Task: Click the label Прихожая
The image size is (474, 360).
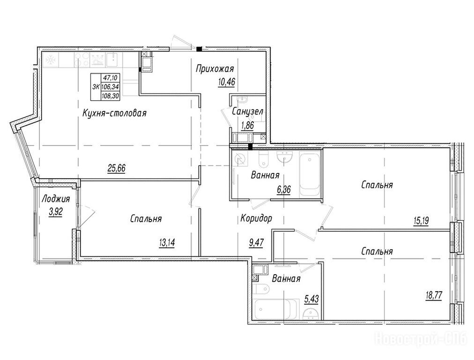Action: (215, 69)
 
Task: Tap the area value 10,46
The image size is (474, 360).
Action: (226, 82)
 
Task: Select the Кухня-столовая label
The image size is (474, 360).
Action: (115, 113)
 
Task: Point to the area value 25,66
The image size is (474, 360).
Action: (116, 168)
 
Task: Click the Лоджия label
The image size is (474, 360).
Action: (56, 199)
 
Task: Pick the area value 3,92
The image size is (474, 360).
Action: (56, 212)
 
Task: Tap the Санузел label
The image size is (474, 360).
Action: (248, 112)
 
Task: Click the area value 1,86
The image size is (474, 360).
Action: (247, 125)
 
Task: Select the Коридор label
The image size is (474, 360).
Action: (256, 218)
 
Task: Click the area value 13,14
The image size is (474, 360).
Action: (167, 242)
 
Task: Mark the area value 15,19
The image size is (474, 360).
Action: (421, 221)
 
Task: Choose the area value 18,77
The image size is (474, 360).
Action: (434, 295)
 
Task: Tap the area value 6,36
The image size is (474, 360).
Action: (283, 190)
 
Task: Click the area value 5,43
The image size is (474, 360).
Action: (311, 300)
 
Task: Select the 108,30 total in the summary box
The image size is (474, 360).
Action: (111, 96)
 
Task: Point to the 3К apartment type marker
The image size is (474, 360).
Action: (96, 87)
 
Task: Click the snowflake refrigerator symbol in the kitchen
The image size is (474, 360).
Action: (50, 60)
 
